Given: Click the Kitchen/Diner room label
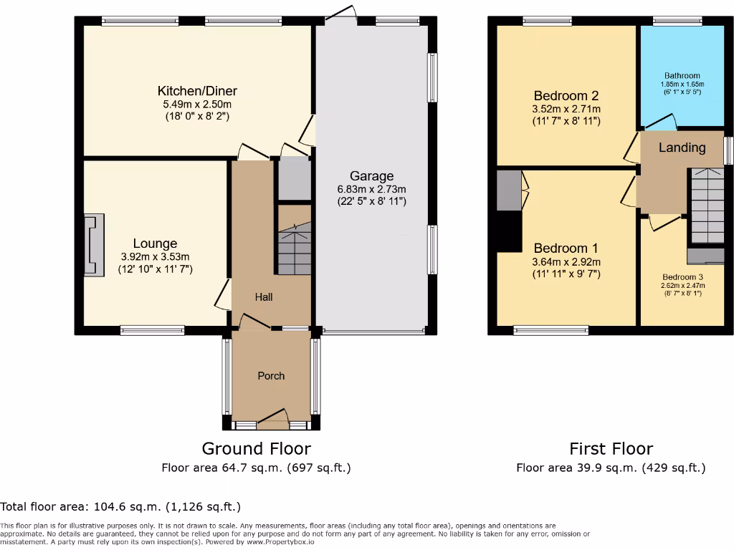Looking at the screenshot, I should (x=197, y=91).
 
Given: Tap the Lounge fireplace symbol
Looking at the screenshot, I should (x=93, y=244).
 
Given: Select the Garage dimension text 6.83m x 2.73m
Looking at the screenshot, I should (x=372, y=189).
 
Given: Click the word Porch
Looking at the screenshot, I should (x=271, y=375).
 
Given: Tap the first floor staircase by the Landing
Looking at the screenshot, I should (x=706, y=208).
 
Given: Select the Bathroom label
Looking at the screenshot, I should (x=682, y=75).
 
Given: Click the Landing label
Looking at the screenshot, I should (x=682, y=148).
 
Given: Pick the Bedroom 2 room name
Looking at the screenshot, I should (x=566, y=96).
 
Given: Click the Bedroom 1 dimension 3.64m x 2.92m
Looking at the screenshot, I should (x=566, y=261).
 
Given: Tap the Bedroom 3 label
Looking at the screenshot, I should (x=682, y=277).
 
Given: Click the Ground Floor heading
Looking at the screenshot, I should (x=256, y=448).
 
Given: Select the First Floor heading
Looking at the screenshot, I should (x=611, y=448).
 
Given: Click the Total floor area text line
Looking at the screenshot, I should (x=120, y=506).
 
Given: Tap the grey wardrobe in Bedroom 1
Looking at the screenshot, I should (x=508, y=190).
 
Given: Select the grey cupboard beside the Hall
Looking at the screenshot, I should (x=293, y=179).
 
